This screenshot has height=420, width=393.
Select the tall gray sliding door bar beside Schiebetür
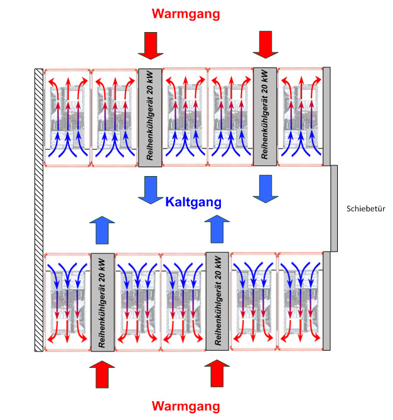pos(334,208)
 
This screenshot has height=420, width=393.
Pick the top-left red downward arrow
pos(151,45)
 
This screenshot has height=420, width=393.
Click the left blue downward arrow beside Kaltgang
pos(151,189)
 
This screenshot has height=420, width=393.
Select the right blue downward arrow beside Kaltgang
pos(266,189)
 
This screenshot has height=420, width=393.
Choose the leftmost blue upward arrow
pos(102,229)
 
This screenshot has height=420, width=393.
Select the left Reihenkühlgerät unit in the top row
pos(151,117)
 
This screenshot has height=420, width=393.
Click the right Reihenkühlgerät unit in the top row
pos(266,117)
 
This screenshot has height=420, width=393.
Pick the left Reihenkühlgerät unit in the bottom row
pos(102,302)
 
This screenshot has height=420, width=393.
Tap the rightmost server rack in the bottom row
pos(299,302)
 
